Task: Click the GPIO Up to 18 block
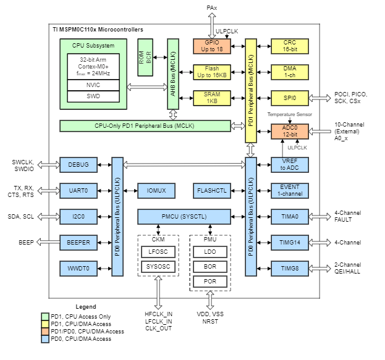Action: click(x=211, y=46)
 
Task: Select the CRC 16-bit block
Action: click(x=289, y=46)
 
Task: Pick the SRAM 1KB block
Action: click(x=211, y=97)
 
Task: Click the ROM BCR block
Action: click(x=145, y=57)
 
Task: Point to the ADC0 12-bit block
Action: click(x=289, y=131)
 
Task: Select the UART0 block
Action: click(x=78, y=191)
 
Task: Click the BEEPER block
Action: click(x=78, y=243)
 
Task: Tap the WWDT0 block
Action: click(x=78, y=269)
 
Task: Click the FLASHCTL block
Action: click(x=211, y=191)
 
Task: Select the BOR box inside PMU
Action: click(x=211, y=267)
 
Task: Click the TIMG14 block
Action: click(x=289, y=243)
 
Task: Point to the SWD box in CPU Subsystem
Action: click(x=93, y=96)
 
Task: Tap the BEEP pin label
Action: click(x=25, y=243)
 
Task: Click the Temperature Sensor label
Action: click(x=289, y=114)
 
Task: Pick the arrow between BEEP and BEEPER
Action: click(x=48, y=243)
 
